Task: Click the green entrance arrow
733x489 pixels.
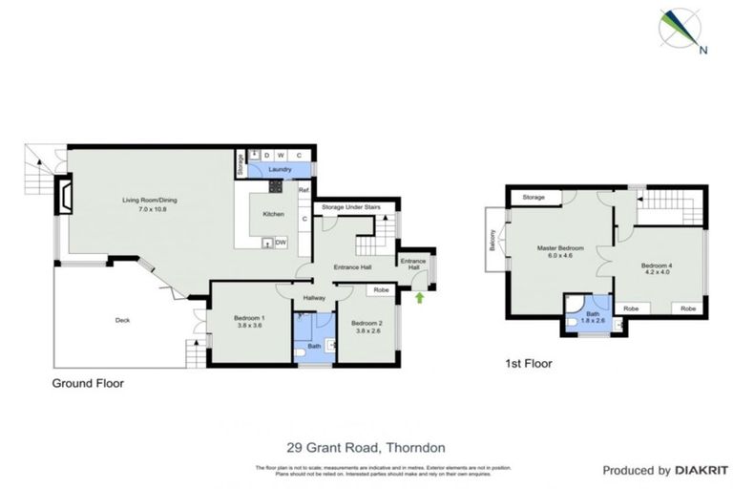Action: pyautogui.click(x=420, y=299)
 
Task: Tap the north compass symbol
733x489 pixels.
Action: pyautogui.click(x=682, y=29)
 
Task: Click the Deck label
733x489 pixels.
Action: pyautogui.click(x=121, y=320)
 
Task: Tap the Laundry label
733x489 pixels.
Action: pyautogui.click(x=279, y=170)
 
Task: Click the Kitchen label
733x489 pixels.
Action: pyautogui.click(x=274, y=214)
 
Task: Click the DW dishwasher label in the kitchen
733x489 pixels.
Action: pyautogui.click(x=282, y=243)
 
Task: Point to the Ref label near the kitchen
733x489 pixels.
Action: pyautogui.click(x=304, y=191)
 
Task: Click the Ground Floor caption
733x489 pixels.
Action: pyautogui.click(x=88, y=383)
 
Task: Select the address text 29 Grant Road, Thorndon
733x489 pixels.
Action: pyautogui.click(x=366, y=446)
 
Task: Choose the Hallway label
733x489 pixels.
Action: pyautogui.click(x=314, y=298)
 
